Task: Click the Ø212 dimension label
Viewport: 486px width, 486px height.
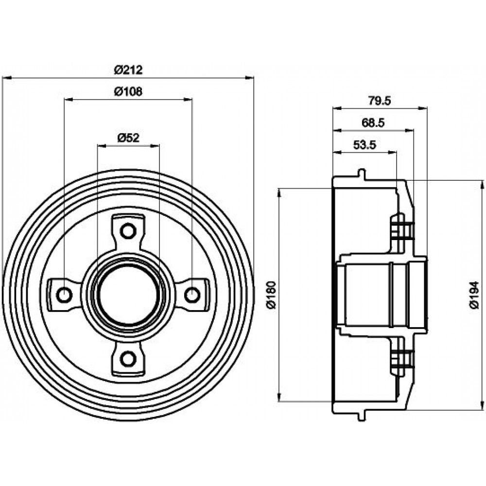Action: tap(128, 69)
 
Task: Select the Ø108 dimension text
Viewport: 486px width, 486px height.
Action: tap(128, 91)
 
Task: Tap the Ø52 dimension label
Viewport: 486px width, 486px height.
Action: tap(128, 138)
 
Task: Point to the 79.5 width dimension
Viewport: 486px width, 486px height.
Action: tap(380, 101)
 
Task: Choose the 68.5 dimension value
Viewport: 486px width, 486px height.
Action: tap(373, 123)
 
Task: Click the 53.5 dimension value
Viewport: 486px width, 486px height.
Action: tap(364, 145)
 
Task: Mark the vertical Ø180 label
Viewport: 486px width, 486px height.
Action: tap(272, 295)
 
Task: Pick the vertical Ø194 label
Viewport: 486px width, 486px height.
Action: tap(474, 295)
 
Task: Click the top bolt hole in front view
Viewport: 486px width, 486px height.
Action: tap(128, 231)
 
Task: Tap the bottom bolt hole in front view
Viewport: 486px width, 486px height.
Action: tap(128, 359)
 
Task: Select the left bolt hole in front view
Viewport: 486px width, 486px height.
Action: tap(65, 295)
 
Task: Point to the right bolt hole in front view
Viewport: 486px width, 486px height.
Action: tap(192, 295)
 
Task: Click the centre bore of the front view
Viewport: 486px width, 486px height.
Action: tap(128, 295)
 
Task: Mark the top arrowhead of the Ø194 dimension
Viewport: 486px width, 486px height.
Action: tap(482, 184)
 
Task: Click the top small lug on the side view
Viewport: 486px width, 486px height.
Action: tap(362, 174)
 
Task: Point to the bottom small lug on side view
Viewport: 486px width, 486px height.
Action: tap(362, 416)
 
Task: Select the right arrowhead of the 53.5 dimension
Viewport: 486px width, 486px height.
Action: tap(392, 152)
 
